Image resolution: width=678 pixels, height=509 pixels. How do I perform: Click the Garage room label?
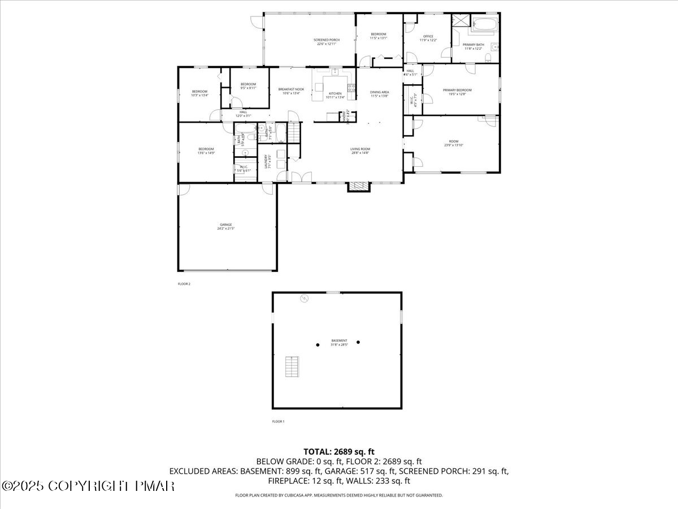[225, 226]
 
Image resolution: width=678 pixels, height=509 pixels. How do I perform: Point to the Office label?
[428, 38]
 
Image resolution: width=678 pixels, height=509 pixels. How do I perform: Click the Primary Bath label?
[473, 46]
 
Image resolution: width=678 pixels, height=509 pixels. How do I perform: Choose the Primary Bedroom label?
[457, 92]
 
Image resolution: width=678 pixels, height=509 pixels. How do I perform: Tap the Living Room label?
[359, 150]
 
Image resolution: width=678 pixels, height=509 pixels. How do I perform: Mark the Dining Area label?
[380, 94]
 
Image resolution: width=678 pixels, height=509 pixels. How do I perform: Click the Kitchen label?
[335, 95]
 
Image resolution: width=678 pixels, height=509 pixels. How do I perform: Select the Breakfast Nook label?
[291, 91]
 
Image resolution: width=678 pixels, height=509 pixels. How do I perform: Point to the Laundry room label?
[265, 163]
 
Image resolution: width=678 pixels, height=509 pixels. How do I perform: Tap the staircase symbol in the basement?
[292, 367]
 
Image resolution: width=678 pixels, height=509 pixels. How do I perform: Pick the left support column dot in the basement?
[318, 344]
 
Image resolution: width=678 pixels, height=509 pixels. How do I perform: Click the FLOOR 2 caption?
[184, 284]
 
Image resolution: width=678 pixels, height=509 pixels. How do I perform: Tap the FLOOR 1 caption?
[278, 421]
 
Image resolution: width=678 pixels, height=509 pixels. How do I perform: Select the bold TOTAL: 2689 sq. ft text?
[339, 451]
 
